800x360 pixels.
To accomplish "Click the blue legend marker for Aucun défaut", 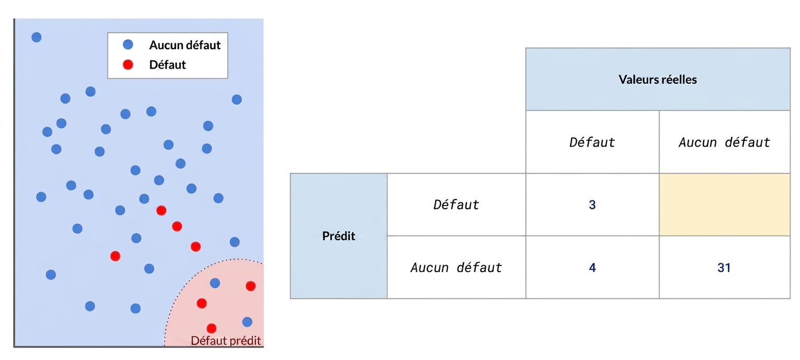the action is pyautogui.click(x=128, y=44).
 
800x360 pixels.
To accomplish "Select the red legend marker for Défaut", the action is pyautogui.click(x=128, y=64).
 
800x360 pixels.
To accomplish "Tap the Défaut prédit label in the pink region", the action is pyautogui.click(x=226, y=340).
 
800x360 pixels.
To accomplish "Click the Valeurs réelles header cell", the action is pyautogui.click(x=658, y=79).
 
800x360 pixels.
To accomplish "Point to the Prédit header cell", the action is pyautogui.click(x=339, y=236).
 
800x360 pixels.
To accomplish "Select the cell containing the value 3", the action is pyautogui.click(x=592, y=205).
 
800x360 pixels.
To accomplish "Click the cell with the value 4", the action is pyautogui.click(x=592, y=267).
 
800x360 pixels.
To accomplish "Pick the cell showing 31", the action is pyautogui.click(x=724, y=267).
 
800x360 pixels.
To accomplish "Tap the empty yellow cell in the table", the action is pyautogui.click(x=724, y=205).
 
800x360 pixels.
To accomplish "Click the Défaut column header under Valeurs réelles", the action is pyautogui.click(x=592, y=142).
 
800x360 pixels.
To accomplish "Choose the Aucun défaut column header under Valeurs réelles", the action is pyautogui.click(x=724, y=142).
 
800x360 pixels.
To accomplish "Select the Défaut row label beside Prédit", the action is pyautogui.click(x=456, y=205).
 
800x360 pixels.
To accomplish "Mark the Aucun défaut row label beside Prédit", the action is pyautogui.click(x=456, y=267).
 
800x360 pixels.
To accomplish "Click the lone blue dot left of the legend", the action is pyautogui.click(x=37, y=37).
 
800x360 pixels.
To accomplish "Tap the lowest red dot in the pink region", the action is pyautogui.click(x=212, y=328).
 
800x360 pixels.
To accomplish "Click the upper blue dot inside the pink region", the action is pyautogui.click(x=215, y=283).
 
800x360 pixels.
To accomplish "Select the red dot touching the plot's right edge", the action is pyautogui.click(x=251, y=286).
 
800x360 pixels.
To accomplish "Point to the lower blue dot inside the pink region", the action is pyautogui.click(x=247, y=322).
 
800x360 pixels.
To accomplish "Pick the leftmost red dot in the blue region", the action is pyautogui.click(x=115, y=256).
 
